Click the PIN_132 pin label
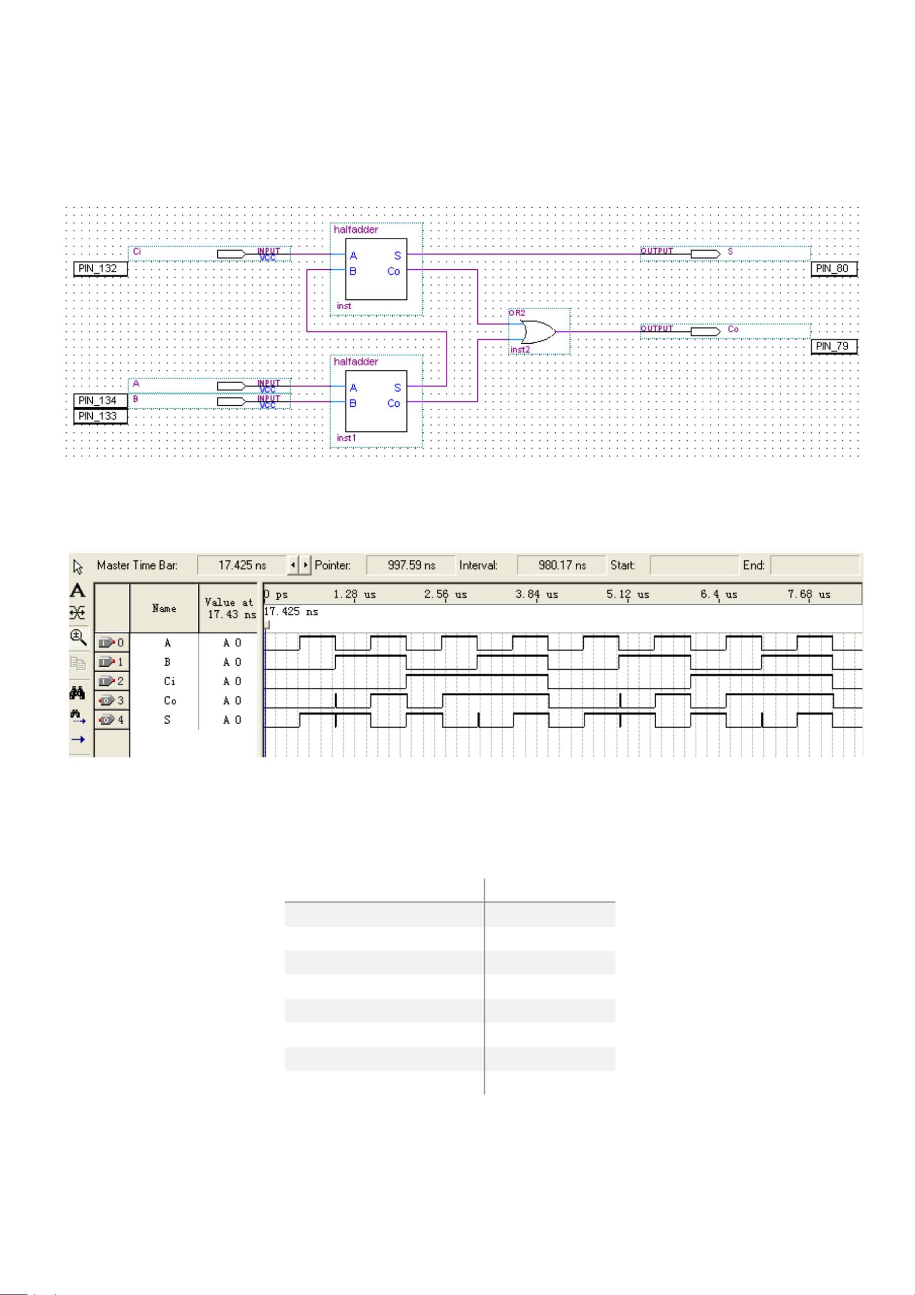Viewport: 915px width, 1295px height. [x=98, y=268]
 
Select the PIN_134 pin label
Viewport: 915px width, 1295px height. [x=98, y=401]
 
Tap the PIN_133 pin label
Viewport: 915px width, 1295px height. [x=98, y=416]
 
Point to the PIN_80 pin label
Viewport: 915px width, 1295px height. [x=832, y=268]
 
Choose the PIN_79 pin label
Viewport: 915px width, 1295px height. [x=832, y=346]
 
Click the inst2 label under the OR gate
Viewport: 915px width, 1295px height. [x=520, y=350]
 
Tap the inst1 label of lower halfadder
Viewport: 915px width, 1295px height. [x=346, y=437]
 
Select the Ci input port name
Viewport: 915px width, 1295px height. [x=137, y=252]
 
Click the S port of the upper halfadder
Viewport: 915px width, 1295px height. [x=397, y=256]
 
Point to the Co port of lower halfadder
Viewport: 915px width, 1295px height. [x=394, y=403]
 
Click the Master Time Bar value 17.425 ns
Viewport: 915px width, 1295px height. [x=242, y=565]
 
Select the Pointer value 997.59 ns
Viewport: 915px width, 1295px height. [x=411, y=565]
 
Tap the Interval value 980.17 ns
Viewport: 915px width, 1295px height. [x=561, y=565]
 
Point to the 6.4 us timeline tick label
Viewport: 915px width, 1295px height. [x=719, y=594]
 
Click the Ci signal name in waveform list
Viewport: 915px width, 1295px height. [x=169, y=681]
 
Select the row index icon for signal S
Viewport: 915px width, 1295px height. [x=112, y=720]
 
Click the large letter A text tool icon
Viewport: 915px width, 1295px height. [x=78, y=590]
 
